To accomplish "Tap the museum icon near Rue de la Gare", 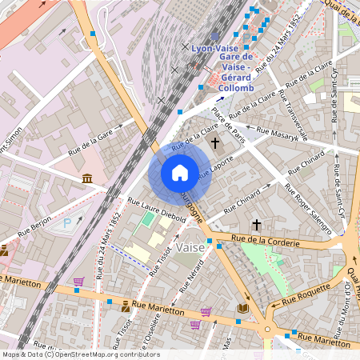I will click(x=86, y=178).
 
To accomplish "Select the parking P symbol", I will click(x=67, y=225).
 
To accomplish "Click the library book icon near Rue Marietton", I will click(x=242, y=308).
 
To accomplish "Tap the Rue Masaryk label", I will click(x=277, y=133).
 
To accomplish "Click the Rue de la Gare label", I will click(x=90, y=137).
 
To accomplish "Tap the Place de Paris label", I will click(x=228, y=122).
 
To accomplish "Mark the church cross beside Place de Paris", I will click(x=214, y=143).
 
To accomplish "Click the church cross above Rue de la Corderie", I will click(x=256, y=225).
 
